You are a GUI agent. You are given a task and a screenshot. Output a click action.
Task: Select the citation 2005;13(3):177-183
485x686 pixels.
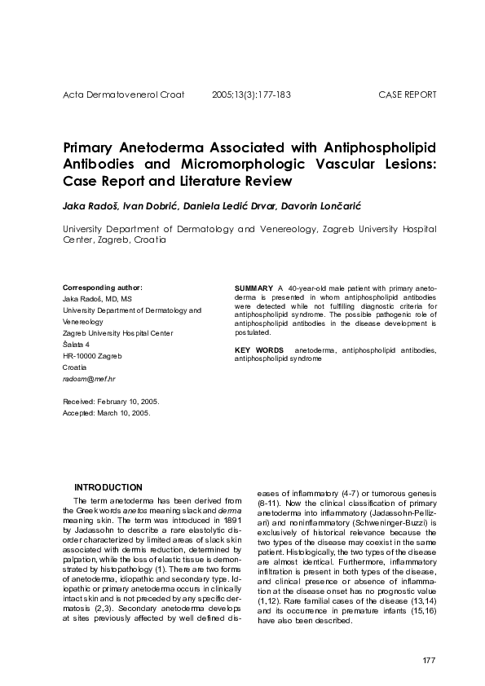251,95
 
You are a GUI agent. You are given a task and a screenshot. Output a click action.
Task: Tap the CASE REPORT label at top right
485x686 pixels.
408,95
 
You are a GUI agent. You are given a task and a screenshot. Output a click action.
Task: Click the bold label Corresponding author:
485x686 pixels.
103,288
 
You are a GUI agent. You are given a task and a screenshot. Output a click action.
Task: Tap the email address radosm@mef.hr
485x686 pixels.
89,379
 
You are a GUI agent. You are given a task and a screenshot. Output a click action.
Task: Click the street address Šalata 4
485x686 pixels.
77,345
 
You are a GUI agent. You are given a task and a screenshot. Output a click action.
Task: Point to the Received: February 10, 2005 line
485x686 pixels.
111,402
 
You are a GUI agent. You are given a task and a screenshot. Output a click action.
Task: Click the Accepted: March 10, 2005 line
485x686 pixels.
106,413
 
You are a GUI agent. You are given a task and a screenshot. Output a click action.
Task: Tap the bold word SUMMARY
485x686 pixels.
253,289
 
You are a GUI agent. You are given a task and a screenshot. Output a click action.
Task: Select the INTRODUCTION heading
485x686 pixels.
108,487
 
